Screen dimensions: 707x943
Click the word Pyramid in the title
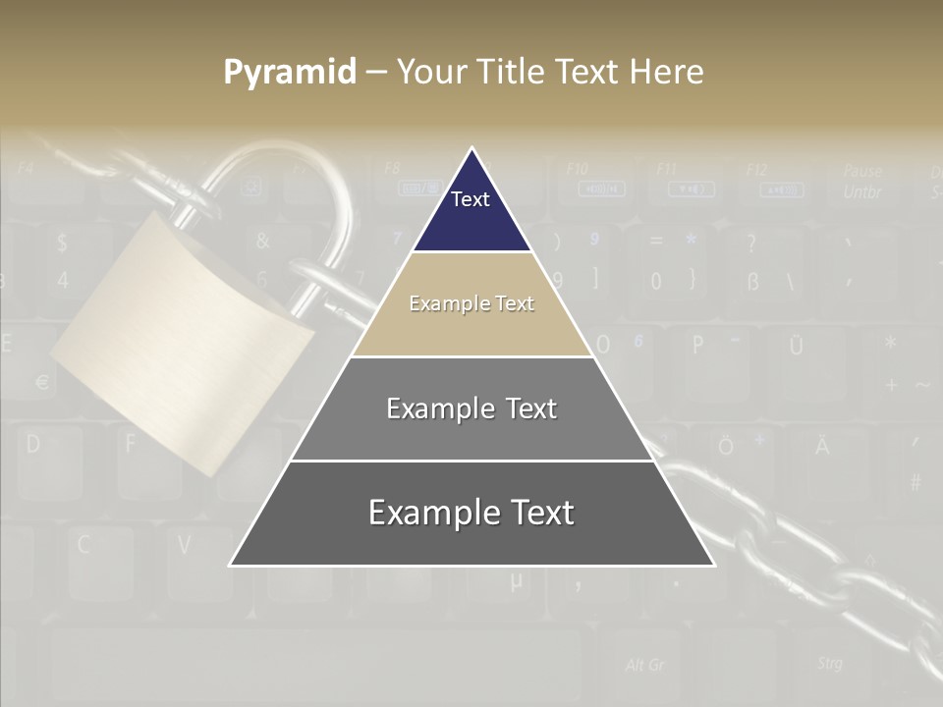pyautogui.click(x=289, y=73)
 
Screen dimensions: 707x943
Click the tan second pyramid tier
pyautogui.click(x=471, y=304)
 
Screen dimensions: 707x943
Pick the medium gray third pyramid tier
pyautogui.click(x=471, y=408)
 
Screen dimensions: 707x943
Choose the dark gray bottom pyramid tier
pyautogui.click(x=471, y=514)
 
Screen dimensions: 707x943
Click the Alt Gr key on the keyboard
pyautogui.click(x=645, y=666)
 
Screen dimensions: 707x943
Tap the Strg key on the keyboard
pyautogui.click(x=829, y=664)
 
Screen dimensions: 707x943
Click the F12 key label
pyautogui.click(x=756, y=170)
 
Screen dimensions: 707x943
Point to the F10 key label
pyautogui.click(x=578, y=170)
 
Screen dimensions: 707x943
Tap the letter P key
pyautogui.click(x=698, y=345)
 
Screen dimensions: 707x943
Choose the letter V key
pyautogui.click(x=185, y=543)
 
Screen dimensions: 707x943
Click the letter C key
pyautogui.click(x=84, y=544)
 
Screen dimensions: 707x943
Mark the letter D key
pyautogui.click(x=33, y=444)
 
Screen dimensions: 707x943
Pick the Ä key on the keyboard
pyautogui.click(x=821, y=447)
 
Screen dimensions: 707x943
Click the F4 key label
pyautogui.click(x=26, y=168)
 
